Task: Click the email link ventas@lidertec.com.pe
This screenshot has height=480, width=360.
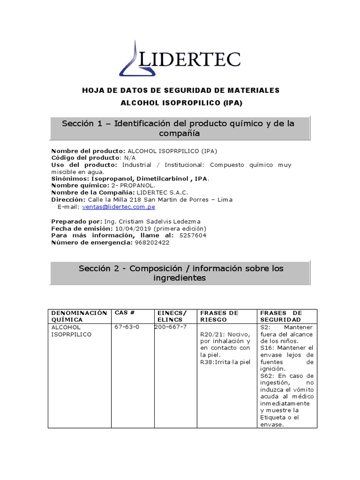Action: pyautogui.click(x=119, y=206)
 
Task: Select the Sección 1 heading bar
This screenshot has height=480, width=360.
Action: pyautogui.click(x=180, y=128)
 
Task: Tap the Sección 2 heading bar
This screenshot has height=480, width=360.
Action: pyautogui.click(x=180, y=273)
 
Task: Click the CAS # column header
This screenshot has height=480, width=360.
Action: pyautogui.click(x=124, y=313)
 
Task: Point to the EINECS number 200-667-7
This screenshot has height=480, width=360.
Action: pyautogui.click(x=171, y=327)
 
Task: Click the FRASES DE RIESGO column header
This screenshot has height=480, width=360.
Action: pyautogui.click(x=219, y=316)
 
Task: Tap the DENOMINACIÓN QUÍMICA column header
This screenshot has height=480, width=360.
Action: pyautogui.click(x=79, y=316)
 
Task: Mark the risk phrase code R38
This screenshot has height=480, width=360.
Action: pyautogui.click(x=206, y=362)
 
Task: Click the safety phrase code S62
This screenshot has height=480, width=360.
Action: pyautogui.click(x=267, y=376)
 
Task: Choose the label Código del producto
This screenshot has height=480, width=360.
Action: pyautogui.click(x=80, y=158)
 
